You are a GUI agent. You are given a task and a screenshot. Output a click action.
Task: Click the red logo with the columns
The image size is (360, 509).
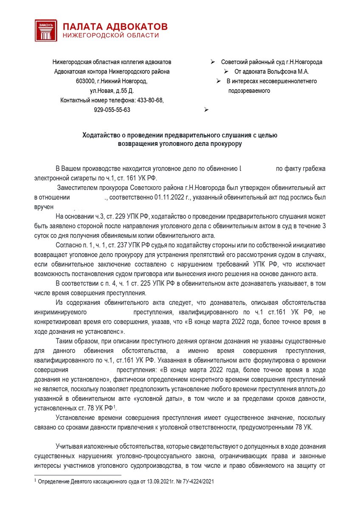[x=45, y=30]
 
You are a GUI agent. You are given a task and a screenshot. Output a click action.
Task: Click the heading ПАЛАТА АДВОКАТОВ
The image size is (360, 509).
[x=115, y=26]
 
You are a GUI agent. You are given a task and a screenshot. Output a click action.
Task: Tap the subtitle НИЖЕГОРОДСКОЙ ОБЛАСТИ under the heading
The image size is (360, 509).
[x=110, y=36]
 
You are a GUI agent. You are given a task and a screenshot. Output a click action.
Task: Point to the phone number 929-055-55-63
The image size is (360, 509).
[x=112, y=109]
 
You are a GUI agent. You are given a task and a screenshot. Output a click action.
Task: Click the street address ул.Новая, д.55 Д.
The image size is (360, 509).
[x=112, y=90]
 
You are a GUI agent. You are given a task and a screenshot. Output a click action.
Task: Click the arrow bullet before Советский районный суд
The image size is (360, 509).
[x=212, y=62]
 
